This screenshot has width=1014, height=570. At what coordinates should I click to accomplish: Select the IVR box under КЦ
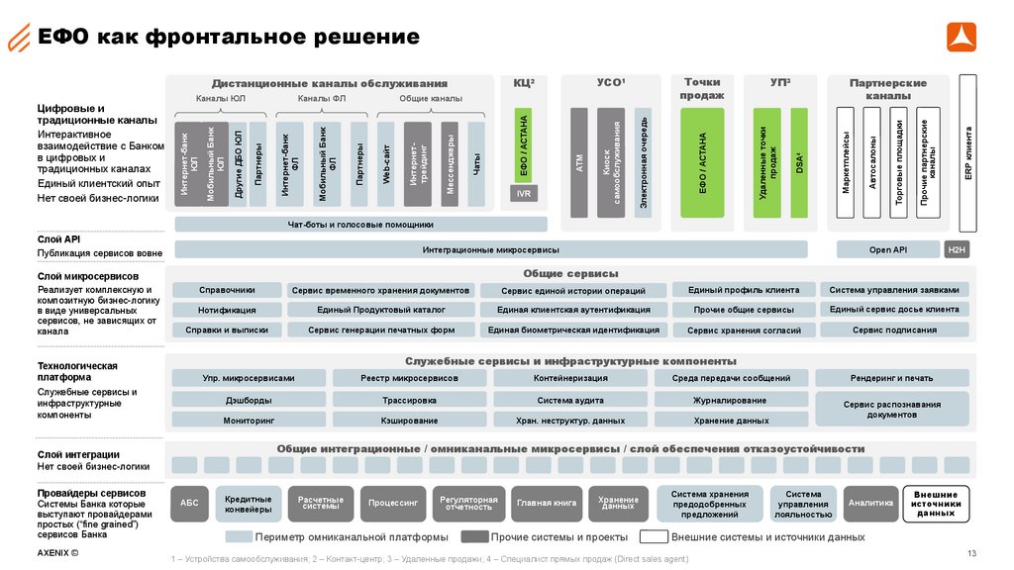524,194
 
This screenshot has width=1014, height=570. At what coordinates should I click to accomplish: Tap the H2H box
957,249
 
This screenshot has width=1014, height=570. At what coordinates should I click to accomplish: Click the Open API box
887,249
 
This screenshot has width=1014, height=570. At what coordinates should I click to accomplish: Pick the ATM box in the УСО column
579,163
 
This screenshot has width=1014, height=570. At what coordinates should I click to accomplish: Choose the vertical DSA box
799,163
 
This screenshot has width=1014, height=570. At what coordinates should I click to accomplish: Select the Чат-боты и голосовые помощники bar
360,225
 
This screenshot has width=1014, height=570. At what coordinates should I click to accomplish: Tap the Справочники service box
227,290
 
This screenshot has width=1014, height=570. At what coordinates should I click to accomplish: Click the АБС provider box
189,504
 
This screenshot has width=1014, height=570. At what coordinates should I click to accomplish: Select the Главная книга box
547,504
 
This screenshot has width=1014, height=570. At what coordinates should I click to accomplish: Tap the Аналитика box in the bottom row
871,504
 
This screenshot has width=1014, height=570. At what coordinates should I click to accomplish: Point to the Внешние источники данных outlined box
936,504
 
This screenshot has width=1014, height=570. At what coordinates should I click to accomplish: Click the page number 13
971,552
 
